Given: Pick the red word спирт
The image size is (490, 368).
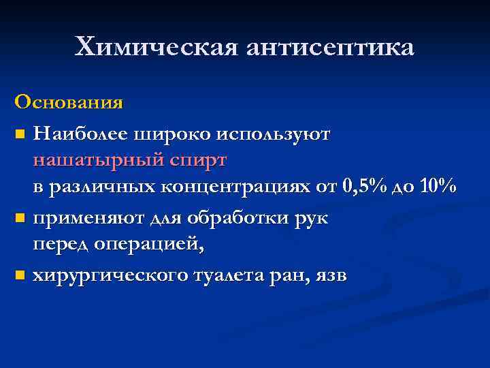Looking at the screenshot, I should tap(197, 161).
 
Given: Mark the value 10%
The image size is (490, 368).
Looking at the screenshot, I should tap(437, 189).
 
